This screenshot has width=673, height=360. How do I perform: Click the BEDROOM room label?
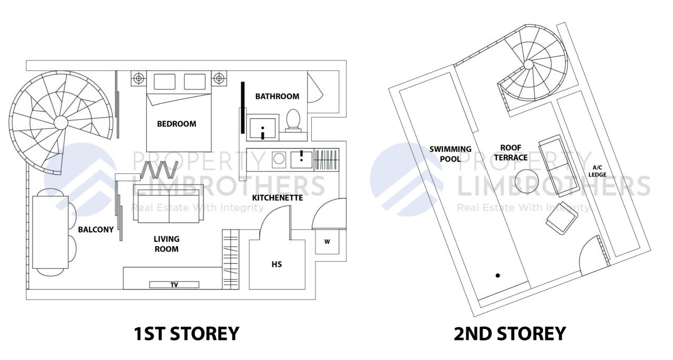click(x=177, y=124)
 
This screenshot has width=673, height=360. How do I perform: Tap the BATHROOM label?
click(x=277, y=96)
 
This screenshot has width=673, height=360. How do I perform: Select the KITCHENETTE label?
click(x=278, y=198)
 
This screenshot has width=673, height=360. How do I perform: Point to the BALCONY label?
click(x=96, y=230)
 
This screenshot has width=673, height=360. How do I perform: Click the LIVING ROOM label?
click(x=166, y=244)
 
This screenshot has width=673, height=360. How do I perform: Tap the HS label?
click(x=277, y=264)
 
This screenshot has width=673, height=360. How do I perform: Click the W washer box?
click(x=327, y=242)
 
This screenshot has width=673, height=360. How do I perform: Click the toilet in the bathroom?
click(x=293, y=119)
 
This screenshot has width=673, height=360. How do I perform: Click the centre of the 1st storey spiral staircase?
click(x=60, y=122)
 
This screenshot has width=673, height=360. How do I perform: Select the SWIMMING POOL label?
click(x=450, y=153)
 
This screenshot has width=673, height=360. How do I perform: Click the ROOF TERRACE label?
click(x=514, y=152)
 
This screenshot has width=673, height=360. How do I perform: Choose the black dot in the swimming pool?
click(x=497, y=275)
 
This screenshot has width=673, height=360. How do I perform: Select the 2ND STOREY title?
click(x=509, y=334)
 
